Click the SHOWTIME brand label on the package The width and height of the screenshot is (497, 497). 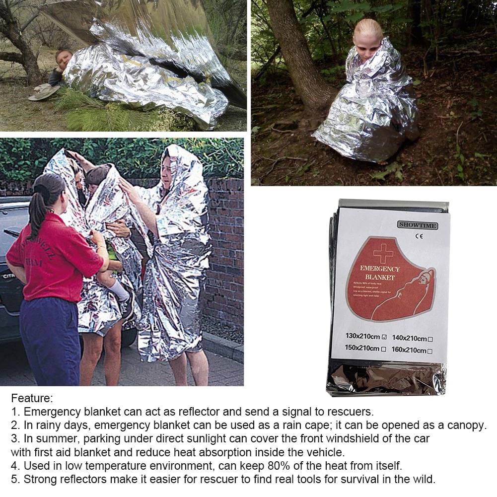coord(417,225)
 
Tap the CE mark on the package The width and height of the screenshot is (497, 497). coord(416,236)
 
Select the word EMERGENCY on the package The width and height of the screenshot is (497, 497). coord(380,269)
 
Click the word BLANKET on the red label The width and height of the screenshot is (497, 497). coord(379,277)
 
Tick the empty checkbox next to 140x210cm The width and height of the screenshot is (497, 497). coord(430,339)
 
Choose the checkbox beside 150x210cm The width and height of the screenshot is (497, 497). coord(383,349)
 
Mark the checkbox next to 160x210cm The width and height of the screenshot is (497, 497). coord(430,351)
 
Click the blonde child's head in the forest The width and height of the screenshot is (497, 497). coord(367,35)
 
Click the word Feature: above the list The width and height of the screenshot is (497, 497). coord(32,398)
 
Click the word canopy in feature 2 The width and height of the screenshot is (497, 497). coord(467,426)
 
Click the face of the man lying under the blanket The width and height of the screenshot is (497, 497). coord(63,58)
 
